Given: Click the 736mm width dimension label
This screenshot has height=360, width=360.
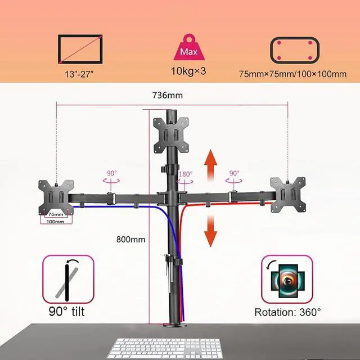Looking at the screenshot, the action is click(167, 95).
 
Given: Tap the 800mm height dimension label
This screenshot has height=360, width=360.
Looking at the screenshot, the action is click(130, 239).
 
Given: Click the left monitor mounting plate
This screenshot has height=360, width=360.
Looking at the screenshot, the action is click(56, 195).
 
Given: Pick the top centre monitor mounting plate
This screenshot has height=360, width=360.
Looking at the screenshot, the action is click(172, 134).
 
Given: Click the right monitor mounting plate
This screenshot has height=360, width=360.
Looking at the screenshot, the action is click(287, 193).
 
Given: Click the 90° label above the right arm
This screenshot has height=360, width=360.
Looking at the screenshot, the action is click(234, 173).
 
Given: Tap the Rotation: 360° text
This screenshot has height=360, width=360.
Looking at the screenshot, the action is click(287, 311).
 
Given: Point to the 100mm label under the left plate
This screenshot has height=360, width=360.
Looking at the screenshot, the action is click(56, 222).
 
